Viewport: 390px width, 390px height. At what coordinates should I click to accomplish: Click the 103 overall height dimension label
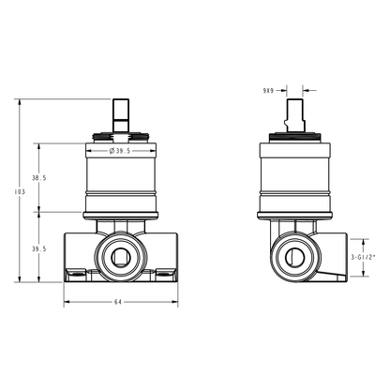pyautogui.click(x=20, y=192)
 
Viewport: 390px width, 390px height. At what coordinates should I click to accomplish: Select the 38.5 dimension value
pyautogui.click(x=39, y=178)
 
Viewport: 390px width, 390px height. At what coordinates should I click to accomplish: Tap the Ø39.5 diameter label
pyautogui.click(x=120, y=151)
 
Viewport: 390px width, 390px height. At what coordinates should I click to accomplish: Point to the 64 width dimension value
pyautogui.click(x=117, y=302)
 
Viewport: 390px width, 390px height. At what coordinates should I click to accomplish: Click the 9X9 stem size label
pyautogui.click(x=268, y=91)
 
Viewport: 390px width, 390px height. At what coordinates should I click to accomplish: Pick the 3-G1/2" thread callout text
pyautogui.click(x=363, y=257)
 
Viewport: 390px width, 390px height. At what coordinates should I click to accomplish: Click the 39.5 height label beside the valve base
pyautogui.click(x=39, y=249)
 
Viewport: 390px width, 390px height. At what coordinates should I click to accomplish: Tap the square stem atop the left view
pyautogui.click(x=121, y=115)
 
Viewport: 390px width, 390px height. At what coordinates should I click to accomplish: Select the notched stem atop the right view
pyautogui.click(x=294, y=115)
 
